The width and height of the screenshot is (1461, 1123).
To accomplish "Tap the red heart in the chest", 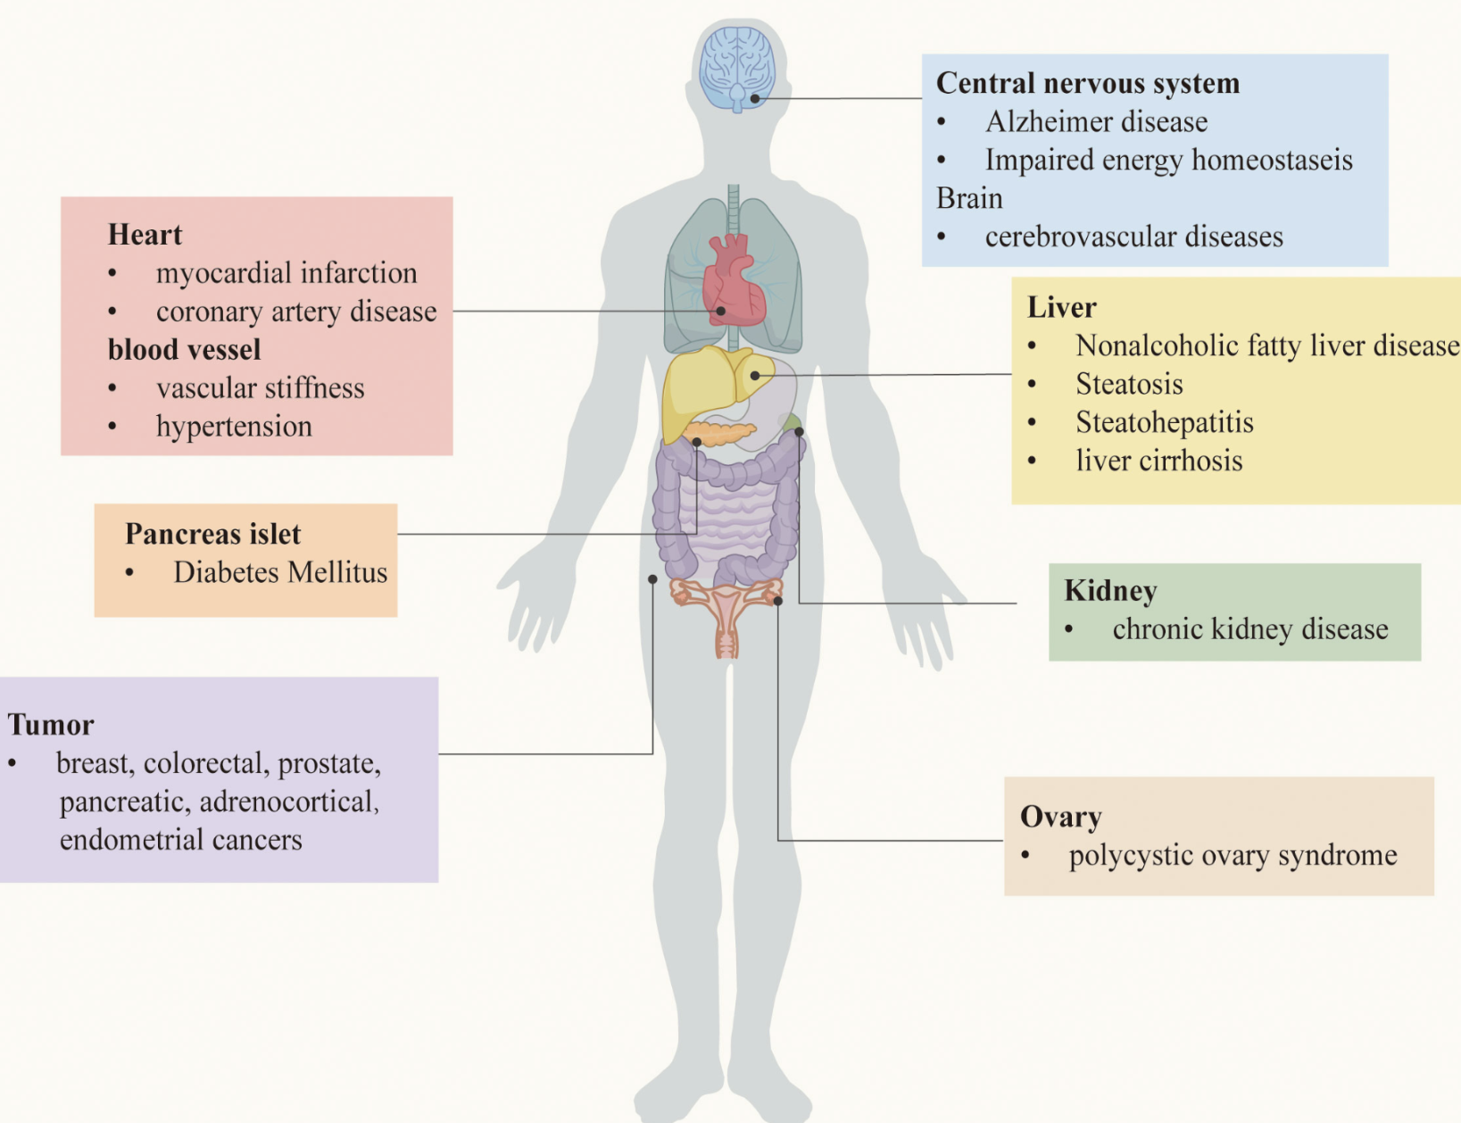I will coord(733,281).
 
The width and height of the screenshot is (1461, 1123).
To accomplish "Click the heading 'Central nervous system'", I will coord(1087,83).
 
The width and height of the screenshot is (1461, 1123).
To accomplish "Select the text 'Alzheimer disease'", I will coord(1096,121).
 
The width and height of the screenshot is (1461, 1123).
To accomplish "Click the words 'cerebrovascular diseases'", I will coord(1133,237).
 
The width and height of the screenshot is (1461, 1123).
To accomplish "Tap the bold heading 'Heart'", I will coord(145,234).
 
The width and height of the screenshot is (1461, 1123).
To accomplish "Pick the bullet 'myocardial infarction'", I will coord(286,273).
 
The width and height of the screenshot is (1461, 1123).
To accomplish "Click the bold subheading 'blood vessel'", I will coord(184,349).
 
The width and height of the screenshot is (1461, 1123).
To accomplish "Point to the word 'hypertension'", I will coord(234,426).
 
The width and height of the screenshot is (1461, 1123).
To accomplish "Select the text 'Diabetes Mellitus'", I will coord(280,572).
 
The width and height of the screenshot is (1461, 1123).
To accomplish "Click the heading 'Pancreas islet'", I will coord(212,534).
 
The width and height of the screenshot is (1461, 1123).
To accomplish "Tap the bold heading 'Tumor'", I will coord(51,724).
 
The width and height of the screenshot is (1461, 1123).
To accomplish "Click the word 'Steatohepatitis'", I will coord(1164,422).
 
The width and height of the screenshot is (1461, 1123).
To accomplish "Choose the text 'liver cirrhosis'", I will coord(1158,461).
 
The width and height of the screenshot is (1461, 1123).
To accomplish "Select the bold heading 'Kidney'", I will coord(1110,590).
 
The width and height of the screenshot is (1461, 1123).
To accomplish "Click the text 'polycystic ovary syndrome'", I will coord(1233,855).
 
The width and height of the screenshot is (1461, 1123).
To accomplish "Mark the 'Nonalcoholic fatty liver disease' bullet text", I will coord(1266,345).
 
